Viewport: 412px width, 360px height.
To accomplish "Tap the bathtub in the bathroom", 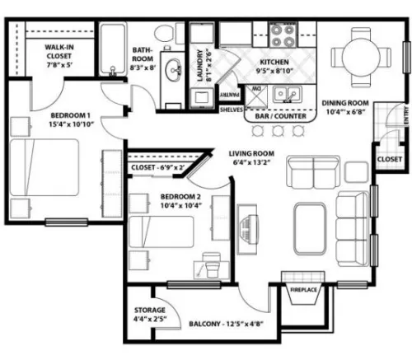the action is coord(113,49).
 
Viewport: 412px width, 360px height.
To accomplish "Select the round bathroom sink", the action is coord(173,69).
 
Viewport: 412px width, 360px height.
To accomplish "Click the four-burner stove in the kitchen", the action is coord(283,35).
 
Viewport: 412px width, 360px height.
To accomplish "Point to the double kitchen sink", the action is coord(288,95).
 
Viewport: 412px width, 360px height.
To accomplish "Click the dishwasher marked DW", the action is coord(256,96).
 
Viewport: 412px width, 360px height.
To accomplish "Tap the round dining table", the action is coord(361,57).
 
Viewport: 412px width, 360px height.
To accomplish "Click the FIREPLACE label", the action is coord(303,290).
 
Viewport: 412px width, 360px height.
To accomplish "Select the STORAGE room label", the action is coord(150,310).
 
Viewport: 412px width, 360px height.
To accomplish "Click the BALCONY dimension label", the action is coord(226,324).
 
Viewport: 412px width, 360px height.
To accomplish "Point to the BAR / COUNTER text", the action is coord(280,116).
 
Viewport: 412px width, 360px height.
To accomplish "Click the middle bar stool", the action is coord(278,131).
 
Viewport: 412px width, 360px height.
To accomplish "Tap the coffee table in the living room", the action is coord(310,229).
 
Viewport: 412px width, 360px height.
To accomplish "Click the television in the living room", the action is coord(247,229).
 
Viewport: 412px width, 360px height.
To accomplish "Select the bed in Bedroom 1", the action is coord(44,167).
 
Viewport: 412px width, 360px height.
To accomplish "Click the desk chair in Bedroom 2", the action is coord(212,265).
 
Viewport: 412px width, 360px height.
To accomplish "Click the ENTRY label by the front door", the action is coord(407,115).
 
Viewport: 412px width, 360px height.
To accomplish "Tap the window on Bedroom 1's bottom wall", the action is coord(67,222).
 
